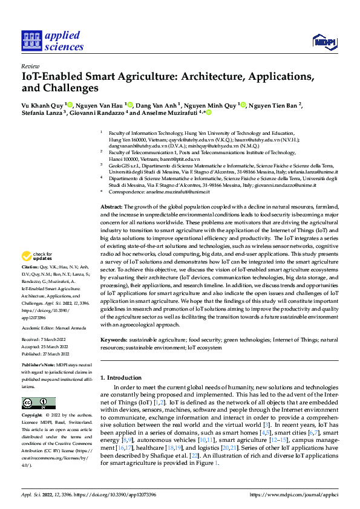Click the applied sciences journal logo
53,41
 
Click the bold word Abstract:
113,207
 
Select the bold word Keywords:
115,340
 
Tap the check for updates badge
38,256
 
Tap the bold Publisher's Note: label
38,367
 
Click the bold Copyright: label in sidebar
32,415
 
